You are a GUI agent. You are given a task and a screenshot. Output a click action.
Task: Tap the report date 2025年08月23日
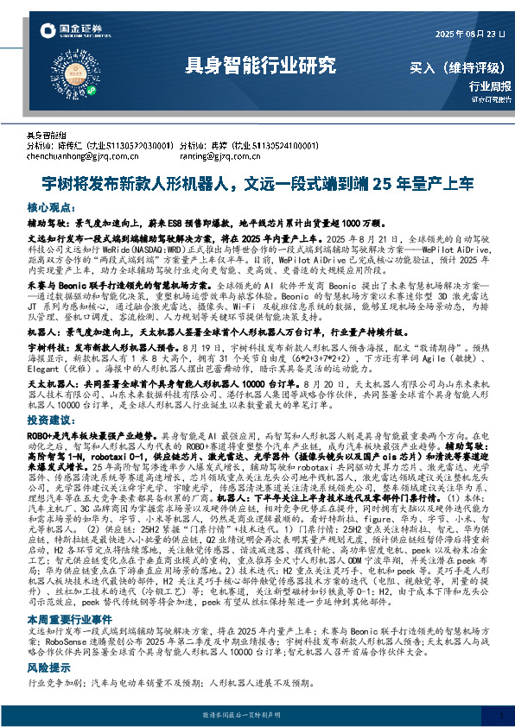point(467,34)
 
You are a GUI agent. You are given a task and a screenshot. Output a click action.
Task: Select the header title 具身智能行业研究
point(259,65)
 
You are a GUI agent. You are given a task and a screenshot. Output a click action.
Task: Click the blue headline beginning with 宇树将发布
point(257,183)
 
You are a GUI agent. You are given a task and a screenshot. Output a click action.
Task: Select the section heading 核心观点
point(50,208)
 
